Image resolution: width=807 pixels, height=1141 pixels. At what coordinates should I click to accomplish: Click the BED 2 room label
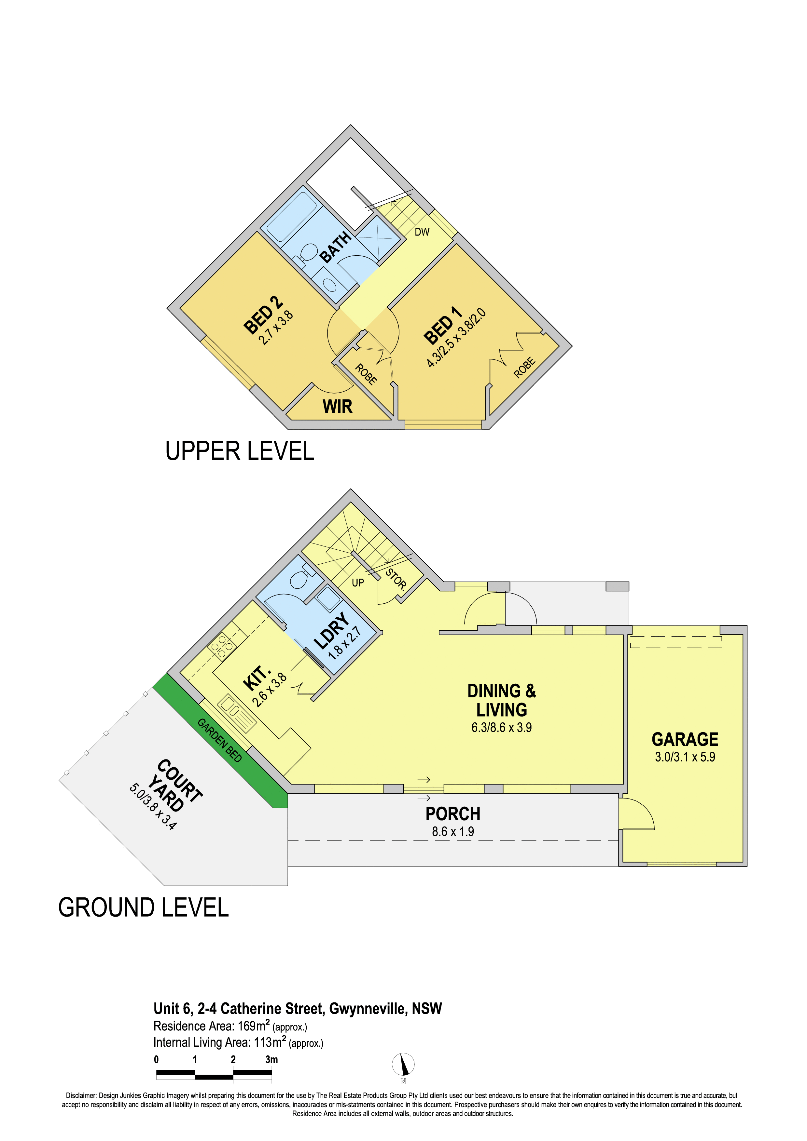click(262, 315)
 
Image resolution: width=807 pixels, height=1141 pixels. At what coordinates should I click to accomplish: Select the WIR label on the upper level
click(337, 407)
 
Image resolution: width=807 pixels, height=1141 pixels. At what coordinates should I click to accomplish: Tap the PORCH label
click(452, 814)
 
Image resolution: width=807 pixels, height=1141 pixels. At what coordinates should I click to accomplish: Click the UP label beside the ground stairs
click(357, 583)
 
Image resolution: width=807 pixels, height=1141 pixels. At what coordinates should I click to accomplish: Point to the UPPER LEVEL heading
click(240, 451)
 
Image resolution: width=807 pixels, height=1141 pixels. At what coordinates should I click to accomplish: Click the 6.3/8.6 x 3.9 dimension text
click(501, 728)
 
